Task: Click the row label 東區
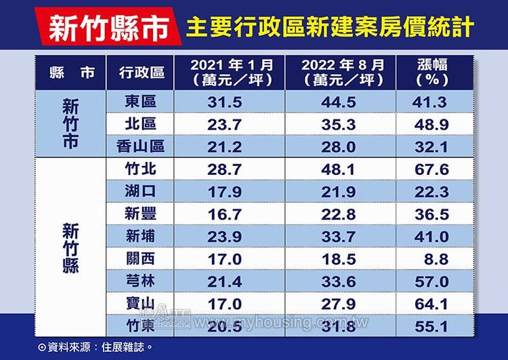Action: tap(141, 102)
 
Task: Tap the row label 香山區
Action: tap(141, 146)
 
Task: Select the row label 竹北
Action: tap(141, 168)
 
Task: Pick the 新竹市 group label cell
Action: tap(70, 124)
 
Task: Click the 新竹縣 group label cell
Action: tap(70, 246)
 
